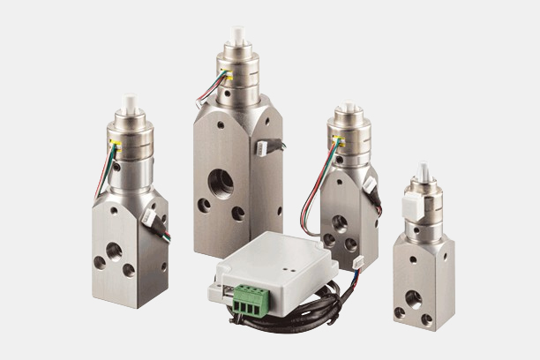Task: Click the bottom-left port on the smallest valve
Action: pos(400,312)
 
